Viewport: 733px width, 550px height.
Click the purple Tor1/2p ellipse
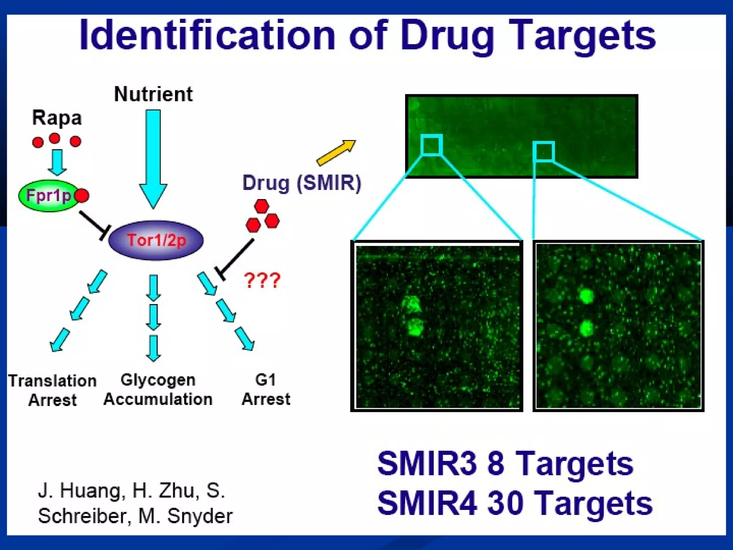pyautogui.click(x=156, y=240)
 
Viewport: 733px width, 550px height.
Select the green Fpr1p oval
pyautogui.click(x=48, y=196)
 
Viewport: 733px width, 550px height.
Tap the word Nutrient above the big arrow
pyautogui.click(x=153, y=94)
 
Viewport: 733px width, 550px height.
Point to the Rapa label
pyautogui.click(x=57, y=118)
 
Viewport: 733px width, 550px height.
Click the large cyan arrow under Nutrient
pyautogui.click(x=153, y=158)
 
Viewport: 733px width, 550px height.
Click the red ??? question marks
pyautogui.click(x=262, y=280)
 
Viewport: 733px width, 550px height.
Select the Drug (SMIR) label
pyautogui.click(x=302, y=183)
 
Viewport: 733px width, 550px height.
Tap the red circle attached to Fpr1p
pyautogui.click(x=82, y=196)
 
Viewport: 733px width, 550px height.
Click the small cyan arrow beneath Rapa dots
pyautogui.click(x=57, y=162)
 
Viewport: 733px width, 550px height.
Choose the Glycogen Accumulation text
pyautogui.click(x=158, y=390)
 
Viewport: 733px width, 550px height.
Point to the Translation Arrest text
pyautogui.click(x=52, y=390)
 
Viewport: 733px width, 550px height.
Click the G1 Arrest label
pyautogui.click(x=266, y=390)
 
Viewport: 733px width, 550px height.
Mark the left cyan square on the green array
pyautogui.click(x=432, y=145)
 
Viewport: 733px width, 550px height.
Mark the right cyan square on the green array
pyautogui.click(x=544, y=151)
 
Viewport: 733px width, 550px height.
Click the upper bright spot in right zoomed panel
pyautogui.click(x=586, y=296)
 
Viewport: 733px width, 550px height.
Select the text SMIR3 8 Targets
pyautogui.click(x=505, y=464)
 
